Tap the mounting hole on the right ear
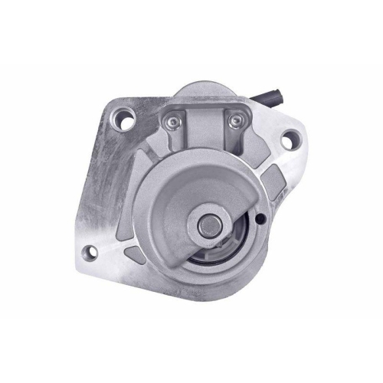point(290,140)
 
